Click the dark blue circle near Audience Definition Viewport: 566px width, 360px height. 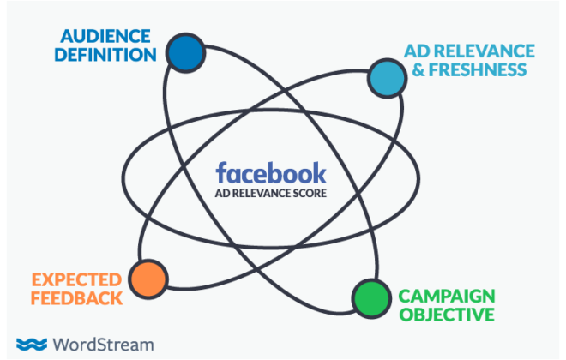185,53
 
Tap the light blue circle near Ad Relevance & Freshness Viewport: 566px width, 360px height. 387,78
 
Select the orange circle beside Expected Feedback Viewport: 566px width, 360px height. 148,279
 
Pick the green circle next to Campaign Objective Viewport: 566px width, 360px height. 371,298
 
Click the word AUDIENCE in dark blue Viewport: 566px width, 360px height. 105,37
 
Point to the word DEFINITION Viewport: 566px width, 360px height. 105,55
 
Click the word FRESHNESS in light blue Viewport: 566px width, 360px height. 478,69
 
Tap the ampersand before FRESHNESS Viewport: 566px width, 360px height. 418,69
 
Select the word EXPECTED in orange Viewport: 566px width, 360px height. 77,280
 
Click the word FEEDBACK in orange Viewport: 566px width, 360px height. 76,298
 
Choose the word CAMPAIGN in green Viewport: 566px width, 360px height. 447,297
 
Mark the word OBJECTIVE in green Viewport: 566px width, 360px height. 447,315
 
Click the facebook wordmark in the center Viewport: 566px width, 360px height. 271,173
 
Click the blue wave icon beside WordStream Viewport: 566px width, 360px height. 32,345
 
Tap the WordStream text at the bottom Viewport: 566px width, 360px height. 103,345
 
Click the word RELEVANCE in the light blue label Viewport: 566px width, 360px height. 484,51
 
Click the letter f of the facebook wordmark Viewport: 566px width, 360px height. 221,172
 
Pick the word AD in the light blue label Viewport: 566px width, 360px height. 417,51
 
